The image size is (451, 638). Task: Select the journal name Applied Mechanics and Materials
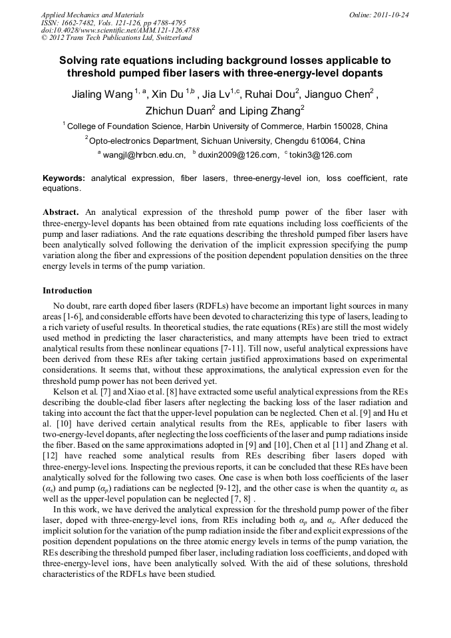[92, 14]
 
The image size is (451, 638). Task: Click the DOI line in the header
[120, 30]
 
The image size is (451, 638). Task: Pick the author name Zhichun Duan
[178, 111]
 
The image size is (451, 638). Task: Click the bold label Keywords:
[64, 179]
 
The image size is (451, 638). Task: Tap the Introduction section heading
[67, 291]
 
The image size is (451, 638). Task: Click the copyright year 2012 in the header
[57, 38]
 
